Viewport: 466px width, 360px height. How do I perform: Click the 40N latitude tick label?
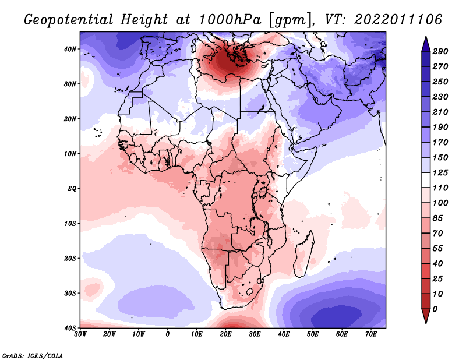click(70, 49)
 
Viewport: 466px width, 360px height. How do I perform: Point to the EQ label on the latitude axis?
click(72, 189)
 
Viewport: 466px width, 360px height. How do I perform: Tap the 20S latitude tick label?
click(70, 258)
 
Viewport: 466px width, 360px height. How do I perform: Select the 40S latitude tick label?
click(70, 328)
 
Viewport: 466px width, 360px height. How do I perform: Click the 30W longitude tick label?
click(81, 334)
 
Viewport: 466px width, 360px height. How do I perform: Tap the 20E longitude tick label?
click(226, 334)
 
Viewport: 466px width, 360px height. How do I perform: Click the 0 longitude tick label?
click(168, 334)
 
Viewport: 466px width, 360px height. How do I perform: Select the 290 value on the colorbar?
click(440, 52)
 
